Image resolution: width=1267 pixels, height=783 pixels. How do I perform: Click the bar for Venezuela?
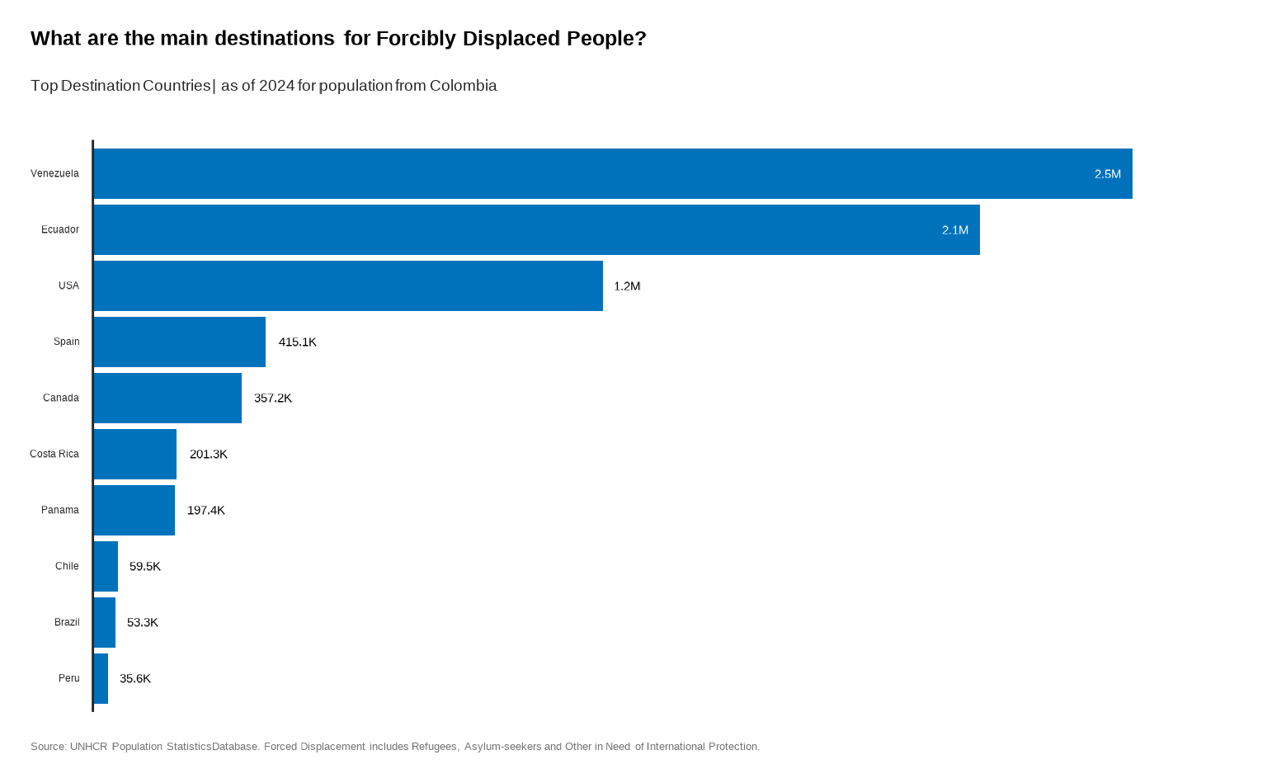(613, 174)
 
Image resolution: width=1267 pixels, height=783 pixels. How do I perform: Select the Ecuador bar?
(536, 230)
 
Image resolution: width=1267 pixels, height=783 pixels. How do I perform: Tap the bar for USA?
(348, 286)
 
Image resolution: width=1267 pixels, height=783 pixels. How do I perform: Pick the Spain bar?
(180, 342)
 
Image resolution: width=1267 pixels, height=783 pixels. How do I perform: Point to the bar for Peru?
(101, 679)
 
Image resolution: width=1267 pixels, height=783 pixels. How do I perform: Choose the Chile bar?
(106, 567)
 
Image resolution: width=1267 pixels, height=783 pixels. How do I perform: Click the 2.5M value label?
(1107, 174)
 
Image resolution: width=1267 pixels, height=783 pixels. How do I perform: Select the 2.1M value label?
(954, 230)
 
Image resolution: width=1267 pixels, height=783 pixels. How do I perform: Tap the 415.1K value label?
(297, 342)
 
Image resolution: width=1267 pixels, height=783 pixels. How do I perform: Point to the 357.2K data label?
(272, 399)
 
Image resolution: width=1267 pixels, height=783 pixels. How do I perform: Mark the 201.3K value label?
(208, 455)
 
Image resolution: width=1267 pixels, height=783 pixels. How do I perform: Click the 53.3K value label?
(142, 623)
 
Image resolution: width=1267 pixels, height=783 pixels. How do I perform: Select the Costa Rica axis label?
(54, 455)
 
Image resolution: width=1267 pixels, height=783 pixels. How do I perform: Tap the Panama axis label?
(60, 511)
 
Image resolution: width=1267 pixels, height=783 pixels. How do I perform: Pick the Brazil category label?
(67, 623)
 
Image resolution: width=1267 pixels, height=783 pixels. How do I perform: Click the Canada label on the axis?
(61, 399)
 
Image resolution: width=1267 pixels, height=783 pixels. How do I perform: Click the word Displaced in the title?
(511, 39)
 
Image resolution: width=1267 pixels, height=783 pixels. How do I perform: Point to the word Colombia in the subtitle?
(463, 86)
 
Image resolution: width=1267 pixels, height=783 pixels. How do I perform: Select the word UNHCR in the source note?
(88, 747)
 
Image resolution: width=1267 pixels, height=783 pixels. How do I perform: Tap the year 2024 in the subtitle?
(276, 86)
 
